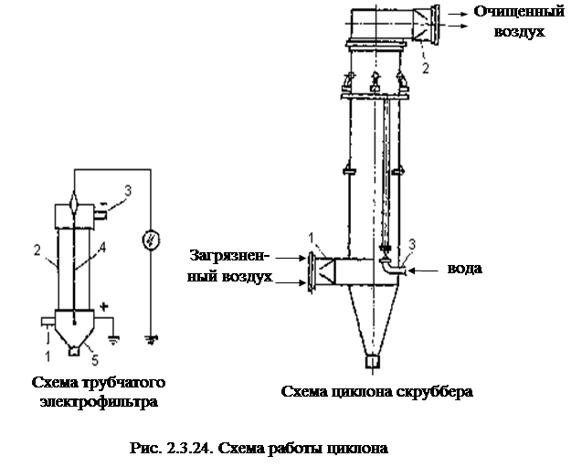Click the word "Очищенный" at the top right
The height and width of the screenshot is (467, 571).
[x=519, y=13]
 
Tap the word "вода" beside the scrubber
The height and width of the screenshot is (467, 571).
[x=465, y=269]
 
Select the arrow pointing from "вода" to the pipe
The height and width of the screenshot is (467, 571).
[x=424, y=271]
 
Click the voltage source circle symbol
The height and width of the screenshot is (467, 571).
[x=151, y=240]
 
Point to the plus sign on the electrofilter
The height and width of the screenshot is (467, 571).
[x=104, y=307]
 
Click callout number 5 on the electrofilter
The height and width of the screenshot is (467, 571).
[x=95, y=360]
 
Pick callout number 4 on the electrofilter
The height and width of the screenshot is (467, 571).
[x=102, y=248]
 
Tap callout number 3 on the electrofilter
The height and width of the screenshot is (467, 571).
[x=128, y=191]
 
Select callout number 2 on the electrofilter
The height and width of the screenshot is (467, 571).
[x=37, y=250]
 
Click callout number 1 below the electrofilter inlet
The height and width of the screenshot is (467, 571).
[x=48, y=356]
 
